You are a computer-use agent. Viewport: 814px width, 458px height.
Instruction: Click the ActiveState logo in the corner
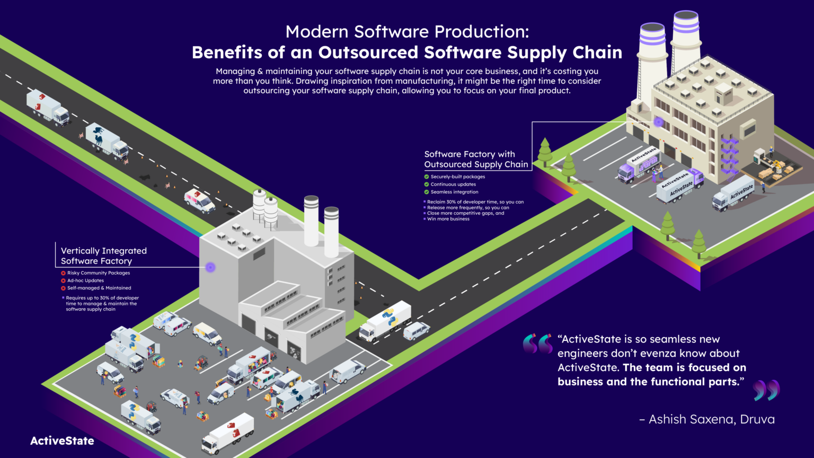(x=62, y=441)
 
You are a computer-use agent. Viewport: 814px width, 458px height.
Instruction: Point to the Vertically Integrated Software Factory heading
(x=103, y=256)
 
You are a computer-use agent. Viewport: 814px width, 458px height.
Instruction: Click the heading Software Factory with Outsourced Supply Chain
(x=476, y=159)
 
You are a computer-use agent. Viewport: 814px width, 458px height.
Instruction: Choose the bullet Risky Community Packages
(x=98, y=273)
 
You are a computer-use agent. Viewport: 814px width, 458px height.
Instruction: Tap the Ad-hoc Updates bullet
(x=85, y=280)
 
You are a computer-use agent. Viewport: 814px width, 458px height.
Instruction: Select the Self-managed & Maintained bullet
(x=99, y=288)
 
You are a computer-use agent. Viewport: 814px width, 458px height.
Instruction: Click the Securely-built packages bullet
(x=457, y=177)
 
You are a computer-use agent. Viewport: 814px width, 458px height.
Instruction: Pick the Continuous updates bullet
(x=453, y=184)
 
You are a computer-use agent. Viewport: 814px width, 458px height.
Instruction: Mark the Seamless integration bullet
(x=454, y=192)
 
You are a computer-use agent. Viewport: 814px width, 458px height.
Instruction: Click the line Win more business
(x=448, y=219)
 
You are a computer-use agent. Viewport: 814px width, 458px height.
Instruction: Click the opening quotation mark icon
(x=537, y=343)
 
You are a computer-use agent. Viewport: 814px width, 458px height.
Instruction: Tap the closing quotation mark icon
(x=766, y=390)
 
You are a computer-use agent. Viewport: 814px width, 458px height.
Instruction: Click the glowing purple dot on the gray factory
(x=210, y=267)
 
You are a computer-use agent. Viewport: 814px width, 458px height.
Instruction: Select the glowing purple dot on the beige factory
(x=658, y=122)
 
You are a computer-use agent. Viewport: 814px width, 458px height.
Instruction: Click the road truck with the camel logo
(x=108, y=140)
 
